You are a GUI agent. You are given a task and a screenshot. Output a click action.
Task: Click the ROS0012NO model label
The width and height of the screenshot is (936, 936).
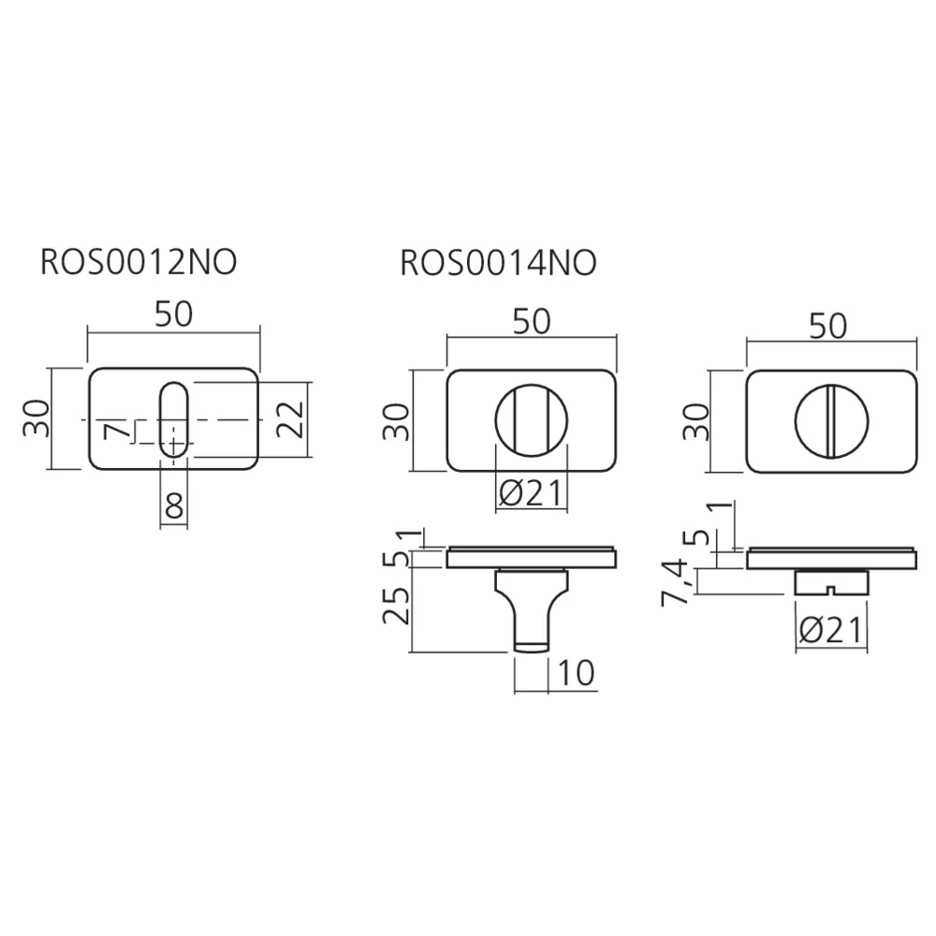[x=139, y=263]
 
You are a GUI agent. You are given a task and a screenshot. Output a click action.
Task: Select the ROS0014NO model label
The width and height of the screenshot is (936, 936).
[x=499, y=263]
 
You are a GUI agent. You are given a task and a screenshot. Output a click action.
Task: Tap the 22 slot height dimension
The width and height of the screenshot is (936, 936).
[x=291, y=419]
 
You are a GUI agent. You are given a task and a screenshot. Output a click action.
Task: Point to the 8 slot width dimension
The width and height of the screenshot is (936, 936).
[x=174, y=506]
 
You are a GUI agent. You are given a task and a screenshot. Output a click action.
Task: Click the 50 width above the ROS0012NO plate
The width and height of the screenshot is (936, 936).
[x=174, y=314]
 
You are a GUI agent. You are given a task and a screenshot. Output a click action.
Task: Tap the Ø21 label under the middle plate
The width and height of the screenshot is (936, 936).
[x=531, y=493]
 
